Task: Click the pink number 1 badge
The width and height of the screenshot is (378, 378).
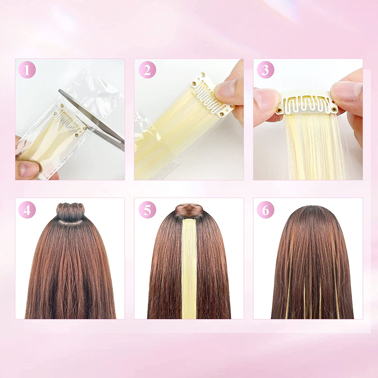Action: click(27, 70)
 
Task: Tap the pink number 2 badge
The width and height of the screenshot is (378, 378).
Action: click(147, 70)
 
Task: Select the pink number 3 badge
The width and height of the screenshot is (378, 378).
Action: click(265, 70)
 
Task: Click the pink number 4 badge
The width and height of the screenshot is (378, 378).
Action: click(27, 210)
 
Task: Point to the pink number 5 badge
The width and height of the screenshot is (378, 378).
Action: click(147, 210)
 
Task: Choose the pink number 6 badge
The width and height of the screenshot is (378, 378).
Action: click(265, 210)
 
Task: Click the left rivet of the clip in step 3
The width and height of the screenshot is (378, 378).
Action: click(279, 110)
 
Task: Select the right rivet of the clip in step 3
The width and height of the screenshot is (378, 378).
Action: click(334, 109)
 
